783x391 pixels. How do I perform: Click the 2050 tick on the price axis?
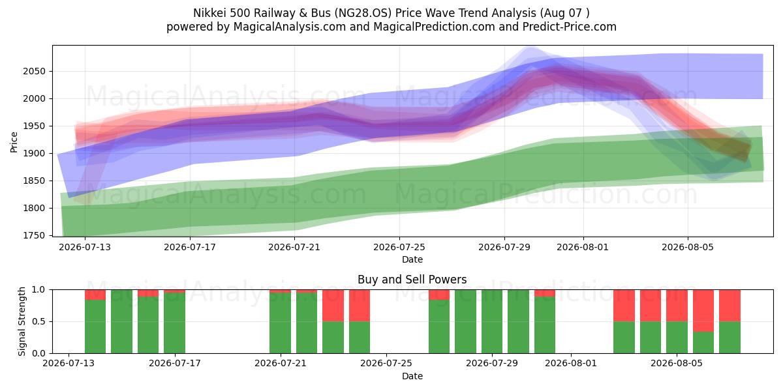click(34, 71)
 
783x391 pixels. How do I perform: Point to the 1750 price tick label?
click(34, 236)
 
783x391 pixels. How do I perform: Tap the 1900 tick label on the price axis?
click(34, 153)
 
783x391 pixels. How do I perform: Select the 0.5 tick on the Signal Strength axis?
click(38, 321)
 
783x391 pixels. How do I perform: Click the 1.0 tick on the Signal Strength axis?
click(38, 289)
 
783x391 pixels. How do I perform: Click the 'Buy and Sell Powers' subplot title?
click(412, 280)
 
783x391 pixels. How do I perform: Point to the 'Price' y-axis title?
click(14, 142)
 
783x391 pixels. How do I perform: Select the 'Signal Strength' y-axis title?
click(22, 321)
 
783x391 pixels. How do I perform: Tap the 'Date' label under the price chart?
click(412, 259)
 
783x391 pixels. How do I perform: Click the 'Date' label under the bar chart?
click(412, 376)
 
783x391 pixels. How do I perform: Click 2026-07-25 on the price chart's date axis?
click(399, 247)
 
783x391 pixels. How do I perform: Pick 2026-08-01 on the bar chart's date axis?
click(571, 363)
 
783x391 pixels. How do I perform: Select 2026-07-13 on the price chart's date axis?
click(85, 247)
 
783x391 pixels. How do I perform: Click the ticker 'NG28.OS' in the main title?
click(363, 13)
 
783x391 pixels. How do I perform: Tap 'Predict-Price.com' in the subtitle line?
click(570, 27)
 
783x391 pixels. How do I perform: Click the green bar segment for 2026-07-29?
click(492, 321)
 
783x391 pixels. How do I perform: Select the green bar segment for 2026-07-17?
click(174, 323)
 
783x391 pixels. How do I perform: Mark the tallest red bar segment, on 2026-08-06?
click(703, 310)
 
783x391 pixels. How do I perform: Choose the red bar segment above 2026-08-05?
click(677, 306)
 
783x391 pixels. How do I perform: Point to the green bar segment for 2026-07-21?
click(280, 323)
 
